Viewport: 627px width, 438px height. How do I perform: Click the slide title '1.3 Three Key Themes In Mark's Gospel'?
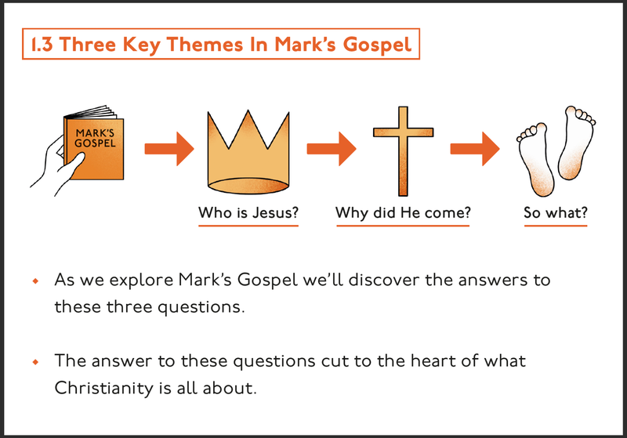[x=220, y=44]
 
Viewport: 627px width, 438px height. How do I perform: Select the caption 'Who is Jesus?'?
[x=248, y=212]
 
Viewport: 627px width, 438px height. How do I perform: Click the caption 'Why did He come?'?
[x=402, y=212]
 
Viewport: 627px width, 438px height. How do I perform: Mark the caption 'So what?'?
[x=555, y=212]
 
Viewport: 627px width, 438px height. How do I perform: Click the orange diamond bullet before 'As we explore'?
[x=34, y=280]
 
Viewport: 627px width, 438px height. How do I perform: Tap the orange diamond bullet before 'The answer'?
[x=34, y=362]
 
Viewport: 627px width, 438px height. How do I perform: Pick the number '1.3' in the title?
[x=42, y=44]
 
